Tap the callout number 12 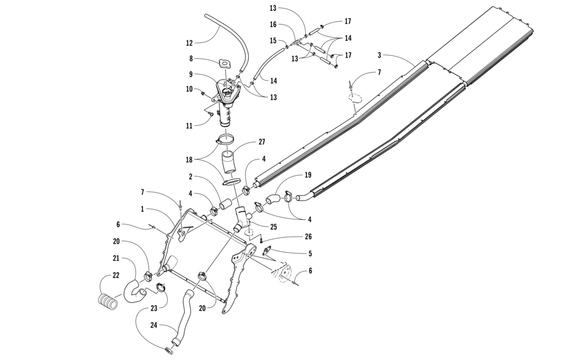click(x=189, y=42)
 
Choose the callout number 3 click(x=379, y=56)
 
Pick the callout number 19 click(x=308, y=175)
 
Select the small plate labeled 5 click(x=268, y=251)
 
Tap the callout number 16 click(x=273, y=24)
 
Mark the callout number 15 click(x=273, y=40)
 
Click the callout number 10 click(x=189, y=89)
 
